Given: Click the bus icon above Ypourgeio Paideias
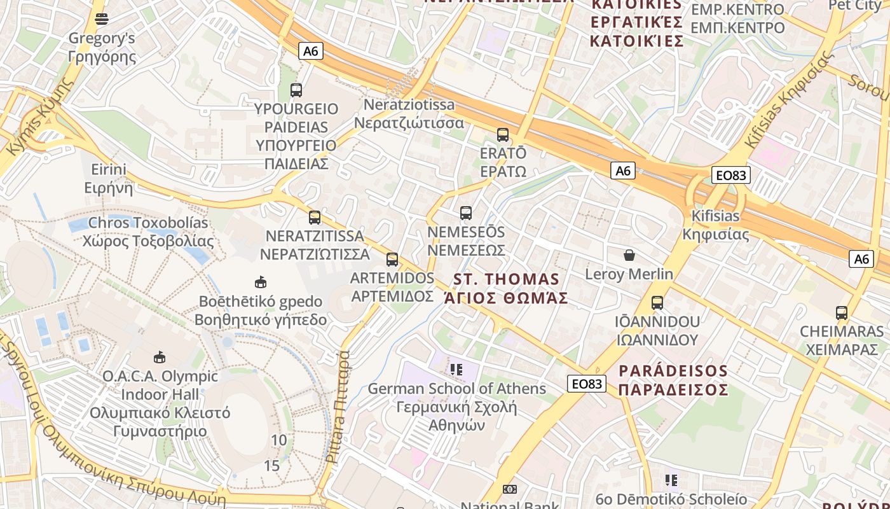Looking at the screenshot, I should [x=296, y=90].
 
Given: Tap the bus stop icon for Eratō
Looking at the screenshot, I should [x=503, y=135].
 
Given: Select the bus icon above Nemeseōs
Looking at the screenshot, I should [x=466, y=213].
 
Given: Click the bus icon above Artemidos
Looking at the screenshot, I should [x=392, y=260].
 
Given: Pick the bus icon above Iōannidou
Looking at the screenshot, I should [x=657, y=303].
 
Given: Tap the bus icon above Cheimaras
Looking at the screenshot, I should [x=842, y=313].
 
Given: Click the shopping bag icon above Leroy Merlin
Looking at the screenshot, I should [x=629, y=256].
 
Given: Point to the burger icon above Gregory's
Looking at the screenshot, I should [x=102, y=19].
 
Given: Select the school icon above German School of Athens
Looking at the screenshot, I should [x=456, y=369].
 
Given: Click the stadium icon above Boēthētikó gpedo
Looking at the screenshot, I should [x=260, y=282].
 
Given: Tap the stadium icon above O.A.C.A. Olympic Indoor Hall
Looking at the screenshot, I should [x=160, y=358].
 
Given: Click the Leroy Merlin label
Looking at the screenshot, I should [x=629, y=274].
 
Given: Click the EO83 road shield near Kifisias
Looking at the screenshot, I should [x=730, y=175].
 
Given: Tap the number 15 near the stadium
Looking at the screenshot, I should [x=271, y=465].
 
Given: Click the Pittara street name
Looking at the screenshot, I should [x=338, y=407].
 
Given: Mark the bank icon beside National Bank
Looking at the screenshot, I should [x=509, y=489].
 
